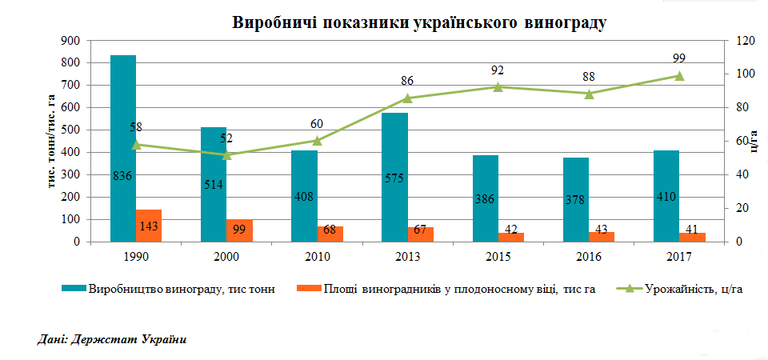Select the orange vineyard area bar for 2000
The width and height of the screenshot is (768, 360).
point(239,230)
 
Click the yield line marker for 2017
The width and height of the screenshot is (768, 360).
point(679,76)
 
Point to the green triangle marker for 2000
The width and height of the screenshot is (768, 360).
point(226,154)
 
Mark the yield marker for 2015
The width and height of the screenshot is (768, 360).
point(498,87)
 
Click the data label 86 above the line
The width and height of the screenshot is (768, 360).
point(407,81)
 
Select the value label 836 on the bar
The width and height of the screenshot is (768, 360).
point(122,176)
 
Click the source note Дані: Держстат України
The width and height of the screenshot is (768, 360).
point(112,340)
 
